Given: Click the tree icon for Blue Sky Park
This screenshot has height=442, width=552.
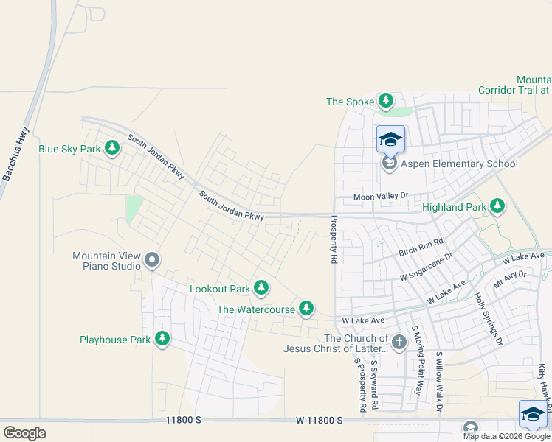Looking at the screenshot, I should tap(112, 149).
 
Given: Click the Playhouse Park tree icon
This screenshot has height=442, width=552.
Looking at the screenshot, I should tap(162, 339).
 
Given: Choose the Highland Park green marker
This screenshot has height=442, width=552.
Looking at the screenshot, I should tap(497, 206).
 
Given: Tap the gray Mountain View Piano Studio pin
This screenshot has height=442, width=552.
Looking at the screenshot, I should tap(153, 259).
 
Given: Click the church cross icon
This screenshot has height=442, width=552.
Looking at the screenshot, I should tap(399, 342).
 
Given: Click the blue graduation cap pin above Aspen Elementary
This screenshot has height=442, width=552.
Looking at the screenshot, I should tap(390, 140).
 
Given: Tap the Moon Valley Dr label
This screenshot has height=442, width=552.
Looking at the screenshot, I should tap(380, 196).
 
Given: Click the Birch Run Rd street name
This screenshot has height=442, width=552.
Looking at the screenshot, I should tap(421, 247).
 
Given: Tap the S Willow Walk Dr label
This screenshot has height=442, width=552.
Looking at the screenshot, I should tap(438, 380).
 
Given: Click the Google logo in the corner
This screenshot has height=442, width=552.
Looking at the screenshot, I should tap(24, 432).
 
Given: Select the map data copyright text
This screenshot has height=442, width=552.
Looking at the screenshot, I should tap(506, 436).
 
